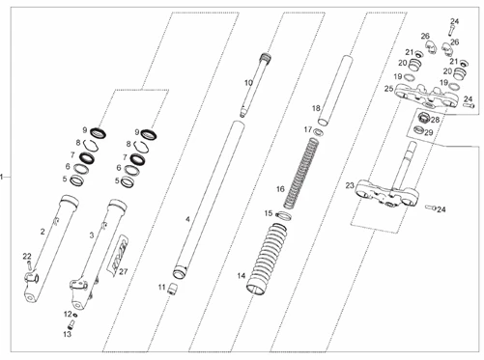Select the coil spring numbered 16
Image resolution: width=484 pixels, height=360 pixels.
point(300,173)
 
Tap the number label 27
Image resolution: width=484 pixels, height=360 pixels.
point(124,272)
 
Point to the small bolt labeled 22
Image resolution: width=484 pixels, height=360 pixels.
point(29,265)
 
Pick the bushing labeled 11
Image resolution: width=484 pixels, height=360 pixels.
point(174,289)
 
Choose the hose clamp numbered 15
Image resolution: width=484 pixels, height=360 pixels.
point(283,216)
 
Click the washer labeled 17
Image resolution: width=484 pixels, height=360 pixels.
point(319,132)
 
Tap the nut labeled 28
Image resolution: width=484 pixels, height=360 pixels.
point(424,119)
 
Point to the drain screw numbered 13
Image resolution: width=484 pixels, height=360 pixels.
point(71,324)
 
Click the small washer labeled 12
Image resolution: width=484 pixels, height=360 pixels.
point(75,315)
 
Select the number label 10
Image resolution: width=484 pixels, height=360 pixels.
point(248,83)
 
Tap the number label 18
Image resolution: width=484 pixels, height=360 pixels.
point(316,108)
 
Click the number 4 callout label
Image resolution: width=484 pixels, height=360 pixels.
point(187,220)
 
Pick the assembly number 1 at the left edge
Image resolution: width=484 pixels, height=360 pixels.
point(2,177)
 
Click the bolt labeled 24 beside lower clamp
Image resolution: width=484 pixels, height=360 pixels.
point(431,208)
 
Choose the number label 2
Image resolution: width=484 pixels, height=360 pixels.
point(43,232)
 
